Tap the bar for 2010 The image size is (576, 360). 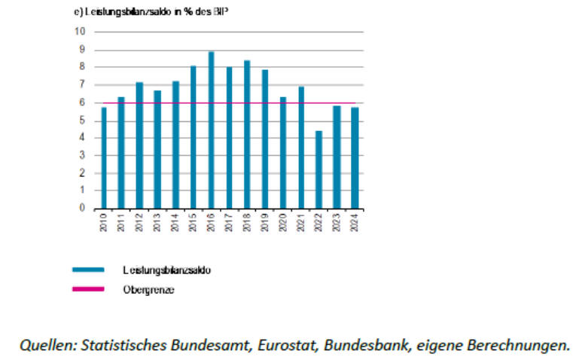104,158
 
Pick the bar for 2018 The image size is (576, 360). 247,135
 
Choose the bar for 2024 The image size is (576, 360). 355,158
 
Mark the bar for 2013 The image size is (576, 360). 157,150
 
